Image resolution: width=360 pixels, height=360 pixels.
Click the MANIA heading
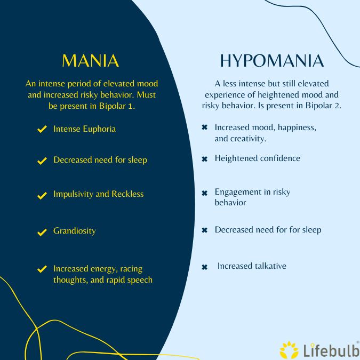(90, 60)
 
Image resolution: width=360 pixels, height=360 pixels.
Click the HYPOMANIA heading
(272, 61)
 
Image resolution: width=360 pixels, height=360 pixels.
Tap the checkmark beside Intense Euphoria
(42, 130)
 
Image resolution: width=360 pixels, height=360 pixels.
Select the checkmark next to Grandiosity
(42, 232)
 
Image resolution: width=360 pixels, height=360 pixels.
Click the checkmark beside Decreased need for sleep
(42, 161)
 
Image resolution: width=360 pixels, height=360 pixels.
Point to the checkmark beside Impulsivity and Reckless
(42, 195)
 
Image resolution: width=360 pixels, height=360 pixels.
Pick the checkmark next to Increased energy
(42, 269)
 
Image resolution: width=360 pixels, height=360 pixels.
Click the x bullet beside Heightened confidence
(204, 159)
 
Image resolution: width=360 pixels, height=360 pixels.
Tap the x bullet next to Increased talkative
(204, 267)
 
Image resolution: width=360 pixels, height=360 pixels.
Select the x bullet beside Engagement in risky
(204, 193)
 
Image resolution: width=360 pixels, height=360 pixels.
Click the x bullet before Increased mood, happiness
(204, 128)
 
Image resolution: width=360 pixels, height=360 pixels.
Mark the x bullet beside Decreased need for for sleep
(204, 230)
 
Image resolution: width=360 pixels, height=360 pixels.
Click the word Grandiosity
(75, 231)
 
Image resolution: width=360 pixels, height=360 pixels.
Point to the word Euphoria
(99, 129)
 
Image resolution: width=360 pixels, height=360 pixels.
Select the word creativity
(249, 139)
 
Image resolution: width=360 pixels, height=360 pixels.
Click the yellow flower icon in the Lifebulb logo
(290, 349)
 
